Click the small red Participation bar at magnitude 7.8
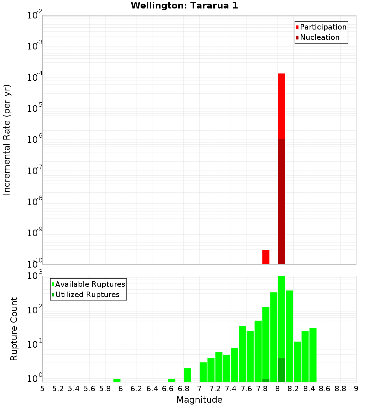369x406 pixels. pos(266,257)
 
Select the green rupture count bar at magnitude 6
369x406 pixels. pos(117,380)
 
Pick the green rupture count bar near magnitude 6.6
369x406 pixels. pos(172,380)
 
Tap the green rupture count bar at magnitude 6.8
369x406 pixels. pos(187,375)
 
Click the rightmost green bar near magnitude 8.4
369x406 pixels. pos(313,355)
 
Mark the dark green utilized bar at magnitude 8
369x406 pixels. pos(282,370)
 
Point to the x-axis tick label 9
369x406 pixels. pos(356,389)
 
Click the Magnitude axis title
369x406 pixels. pos(199,400)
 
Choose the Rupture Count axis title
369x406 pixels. pos(14,329)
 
